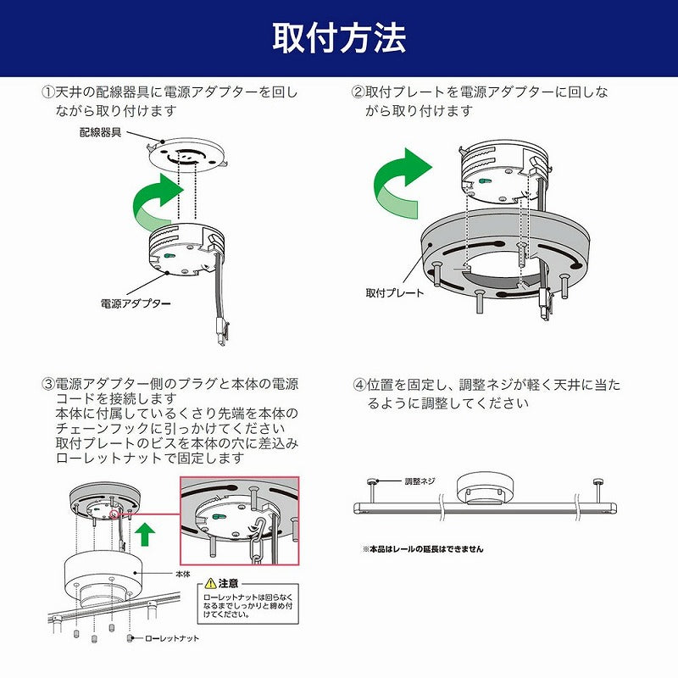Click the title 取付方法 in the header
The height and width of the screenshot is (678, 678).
coord(339,38)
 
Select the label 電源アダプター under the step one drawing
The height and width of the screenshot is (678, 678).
coord(136,302)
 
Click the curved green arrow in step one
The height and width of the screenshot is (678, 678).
coord(157,203)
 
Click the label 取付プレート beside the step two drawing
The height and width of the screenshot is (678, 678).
coord(395,292)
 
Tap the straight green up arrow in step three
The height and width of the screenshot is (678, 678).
coord(146,535)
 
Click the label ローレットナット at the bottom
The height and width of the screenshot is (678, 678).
coord(173,638)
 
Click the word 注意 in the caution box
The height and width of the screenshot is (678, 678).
coord(228,584)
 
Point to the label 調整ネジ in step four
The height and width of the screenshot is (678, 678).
coord(420,481)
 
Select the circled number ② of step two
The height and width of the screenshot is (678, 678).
coord(358,92)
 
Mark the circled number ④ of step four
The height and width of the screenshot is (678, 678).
coord(358,384)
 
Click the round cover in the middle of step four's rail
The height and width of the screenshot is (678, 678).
coord(481,490)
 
